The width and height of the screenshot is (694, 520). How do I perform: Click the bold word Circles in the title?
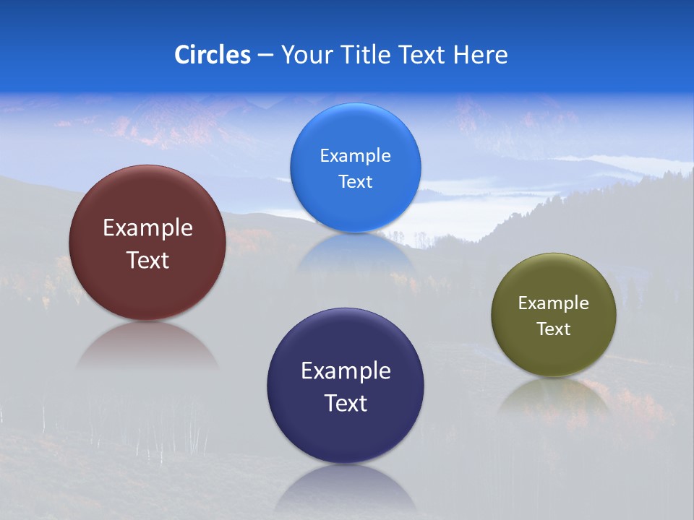(213, 55)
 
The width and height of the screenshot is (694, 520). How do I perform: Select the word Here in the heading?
(481, 55)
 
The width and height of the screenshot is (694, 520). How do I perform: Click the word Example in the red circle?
(147, 228)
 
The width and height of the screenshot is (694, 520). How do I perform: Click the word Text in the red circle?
(147, 260)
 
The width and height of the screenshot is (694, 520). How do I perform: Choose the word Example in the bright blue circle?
(355, 156)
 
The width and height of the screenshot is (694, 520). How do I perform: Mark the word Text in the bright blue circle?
(355, 182)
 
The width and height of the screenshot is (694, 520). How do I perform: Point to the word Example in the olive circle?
(554, 303)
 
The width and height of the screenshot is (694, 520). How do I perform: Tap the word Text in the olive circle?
(554, 329)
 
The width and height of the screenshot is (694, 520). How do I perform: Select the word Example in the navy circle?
(346, 371)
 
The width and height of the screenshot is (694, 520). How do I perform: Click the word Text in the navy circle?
(346, 403)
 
